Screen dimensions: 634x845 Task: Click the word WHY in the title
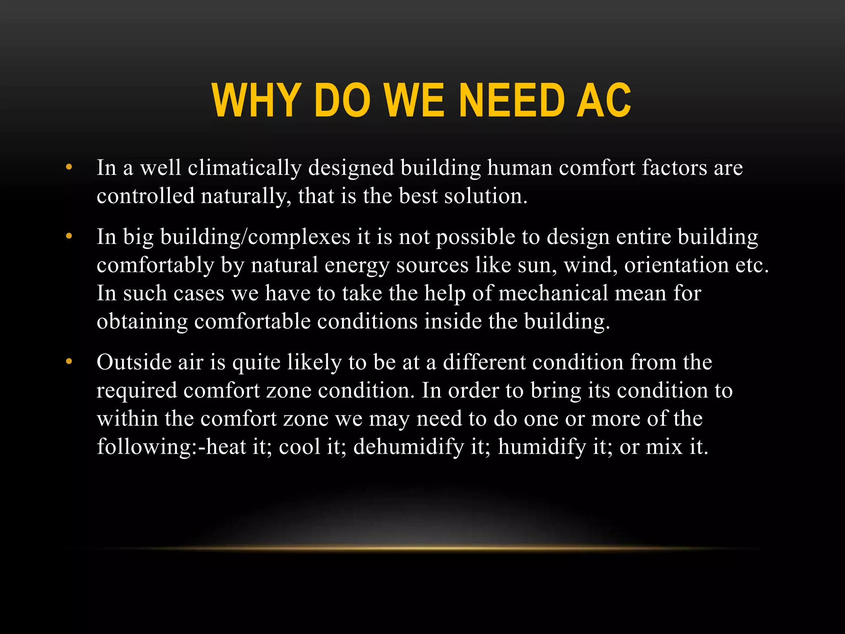[255, 101]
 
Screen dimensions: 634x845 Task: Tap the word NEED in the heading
[511, 101]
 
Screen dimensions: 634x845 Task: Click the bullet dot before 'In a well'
[69, 168]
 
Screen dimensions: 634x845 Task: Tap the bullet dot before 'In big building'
[69, 237]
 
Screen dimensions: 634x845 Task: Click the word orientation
[676, 265]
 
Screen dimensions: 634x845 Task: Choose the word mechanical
[553, 293]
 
